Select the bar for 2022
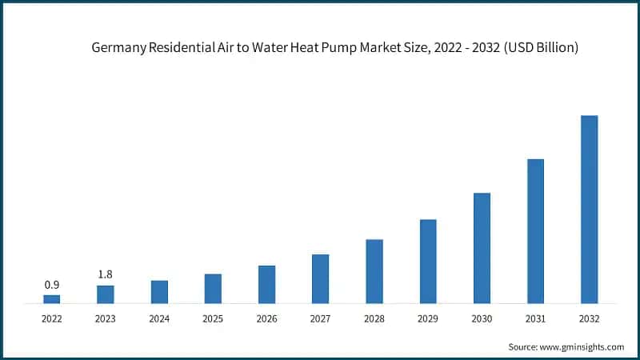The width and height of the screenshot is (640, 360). (x=51, y=299)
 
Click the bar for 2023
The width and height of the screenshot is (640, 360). (x=106, y=294)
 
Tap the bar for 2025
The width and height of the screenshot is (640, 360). (x=213, y=289)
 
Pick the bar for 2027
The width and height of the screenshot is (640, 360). (x=320, y=279)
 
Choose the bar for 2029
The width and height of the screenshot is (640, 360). (x=428, y=262)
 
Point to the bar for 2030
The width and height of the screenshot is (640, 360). (x=482, y=248)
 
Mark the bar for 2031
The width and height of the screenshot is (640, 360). (x=535, y=231)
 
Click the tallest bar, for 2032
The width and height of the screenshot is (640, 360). (x=589, y=210)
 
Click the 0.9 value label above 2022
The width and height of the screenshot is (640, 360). (x=51, y=285)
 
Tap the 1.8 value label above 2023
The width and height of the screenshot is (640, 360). (x=106, y=274)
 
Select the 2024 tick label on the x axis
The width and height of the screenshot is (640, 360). (x=159, y=318)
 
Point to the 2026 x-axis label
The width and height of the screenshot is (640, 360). (x=266, y=318)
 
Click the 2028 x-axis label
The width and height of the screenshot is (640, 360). (x=374, y=318)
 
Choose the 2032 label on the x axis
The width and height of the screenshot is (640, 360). (x=589, y=318)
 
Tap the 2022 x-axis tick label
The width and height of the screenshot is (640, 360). (x=51, y=318)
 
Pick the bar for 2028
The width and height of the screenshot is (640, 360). (x=374, y=271)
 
